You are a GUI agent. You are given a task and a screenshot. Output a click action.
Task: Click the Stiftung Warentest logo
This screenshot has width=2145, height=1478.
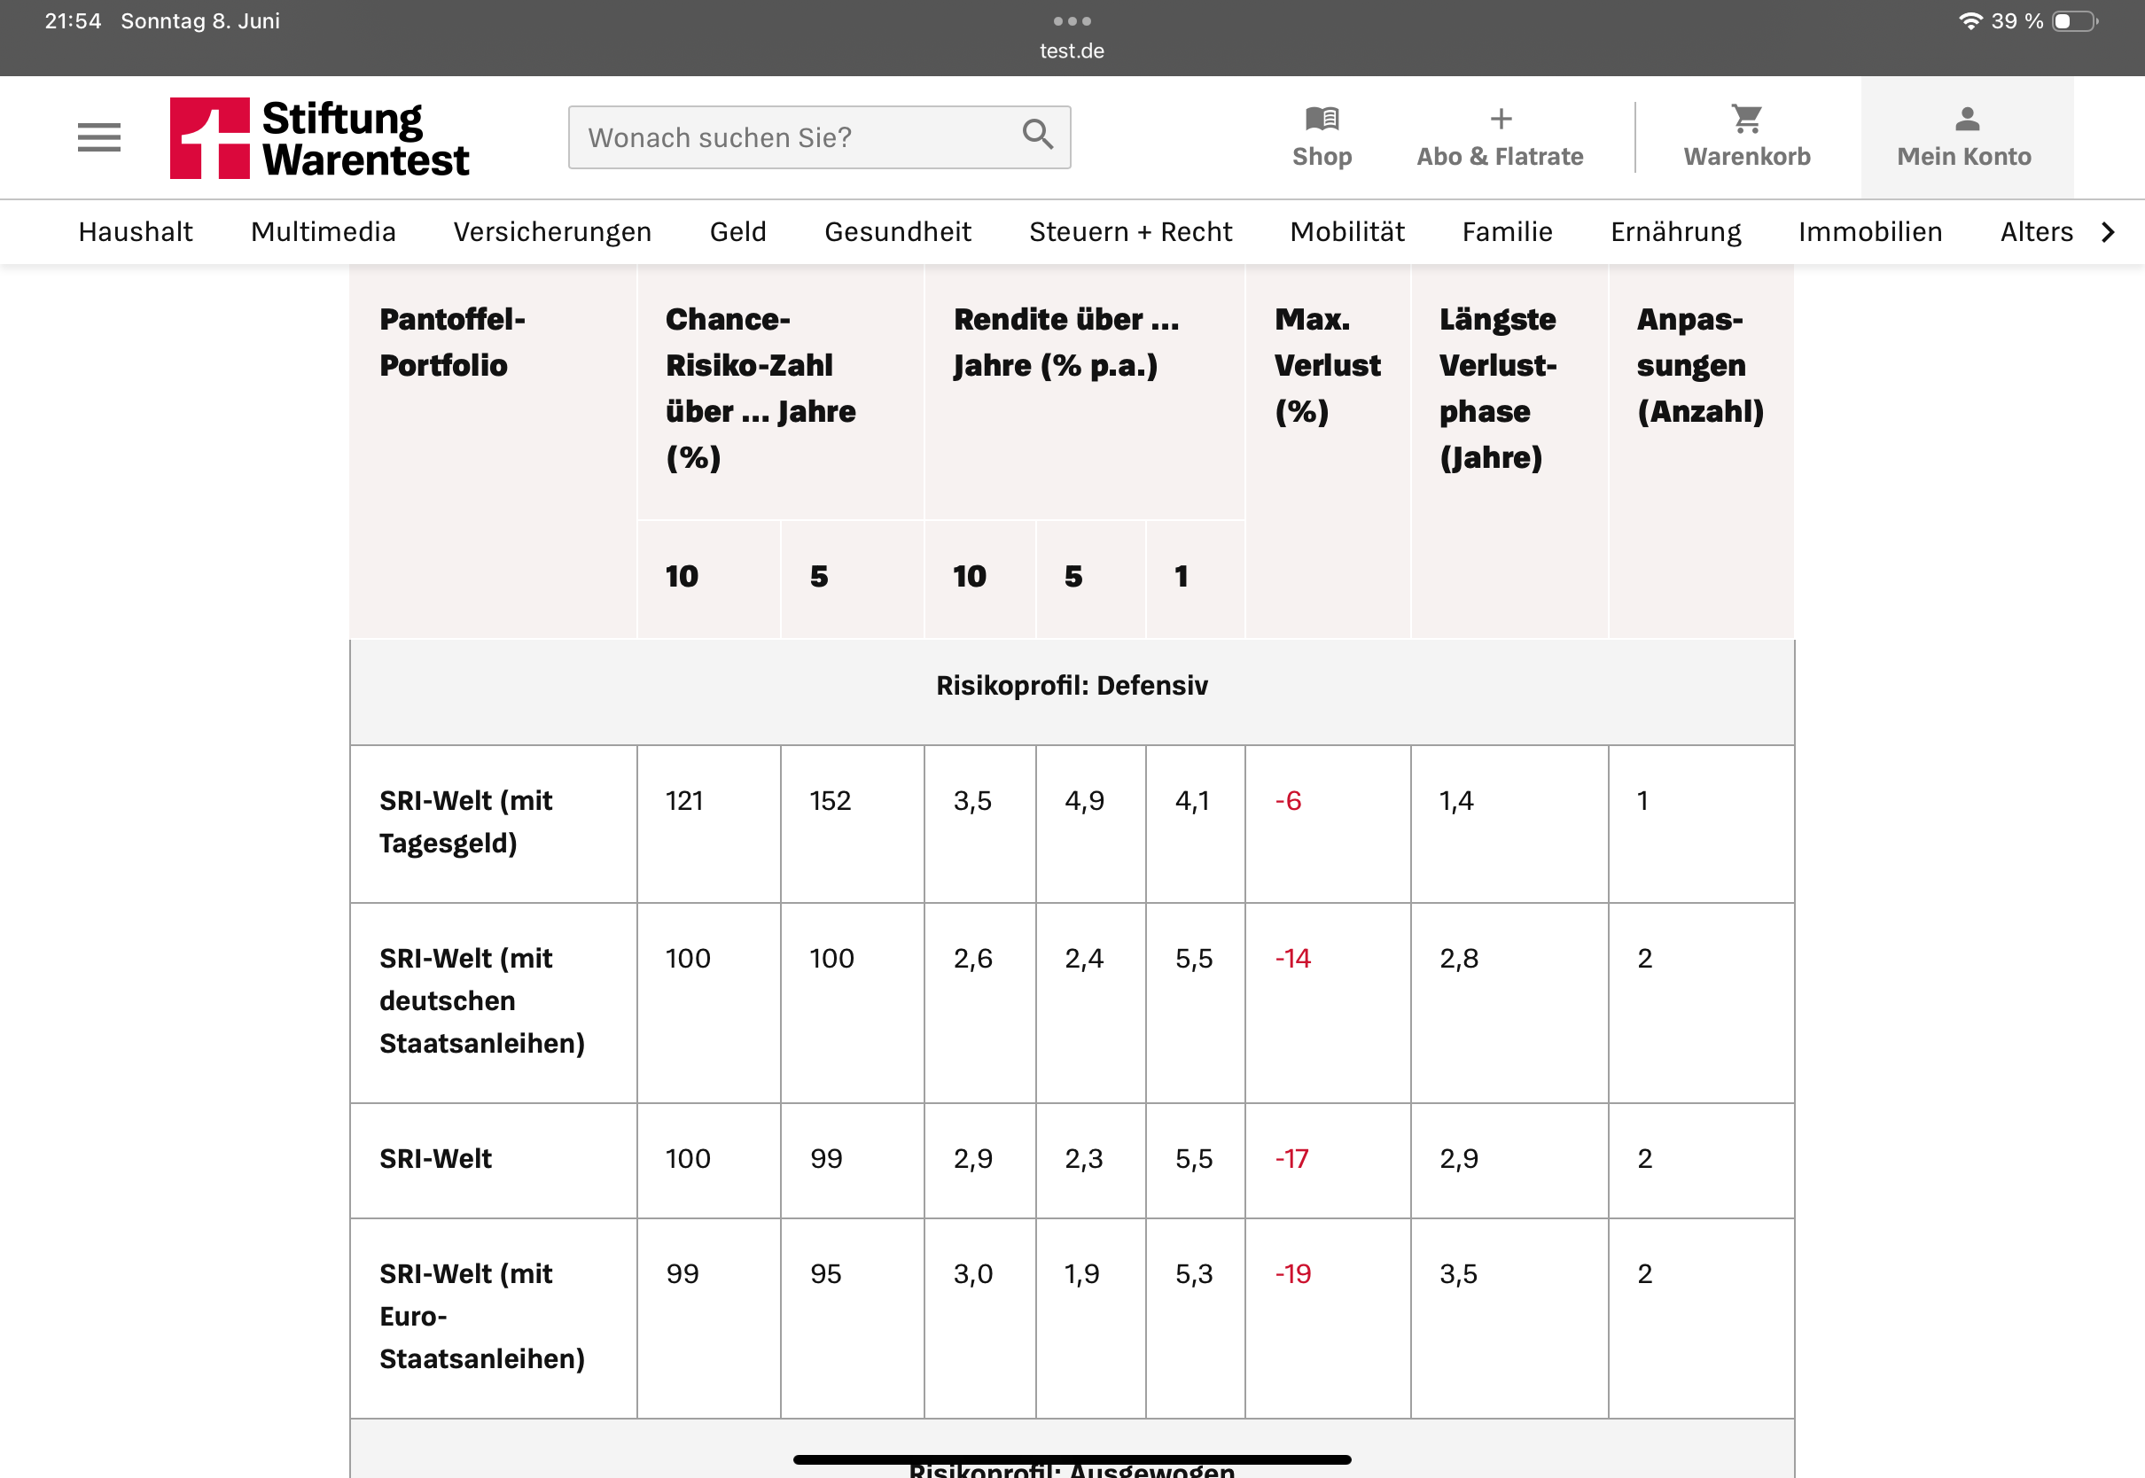click(319, 138)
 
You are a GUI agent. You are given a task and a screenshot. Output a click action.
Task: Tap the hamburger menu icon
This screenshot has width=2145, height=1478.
click(99, 137)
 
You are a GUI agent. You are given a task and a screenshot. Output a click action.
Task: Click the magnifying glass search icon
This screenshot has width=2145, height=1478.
click(1037, 136)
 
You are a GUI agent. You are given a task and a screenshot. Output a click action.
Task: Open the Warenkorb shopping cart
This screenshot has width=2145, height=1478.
click(1746, 136)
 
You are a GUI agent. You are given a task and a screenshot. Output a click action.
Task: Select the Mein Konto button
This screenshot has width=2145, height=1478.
click(1964, 136)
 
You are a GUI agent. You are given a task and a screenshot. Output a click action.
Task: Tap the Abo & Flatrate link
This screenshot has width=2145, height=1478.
click(1500, 136)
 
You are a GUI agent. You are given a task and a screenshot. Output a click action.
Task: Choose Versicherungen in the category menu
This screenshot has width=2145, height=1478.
click(552, 231)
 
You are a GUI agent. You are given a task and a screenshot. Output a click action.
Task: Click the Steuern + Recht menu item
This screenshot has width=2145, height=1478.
click(1130, 231)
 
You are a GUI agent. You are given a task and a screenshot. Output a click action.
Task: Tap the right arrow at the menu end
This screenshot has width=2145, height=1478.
click(2108, 231)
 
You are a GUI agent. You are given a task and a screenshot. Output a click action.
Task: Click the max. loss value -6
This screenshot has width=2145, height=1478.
click(1288, 801)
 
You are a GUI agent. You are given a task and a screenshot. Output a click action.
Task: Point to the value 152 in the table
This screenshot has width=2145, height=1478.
click(830, 801)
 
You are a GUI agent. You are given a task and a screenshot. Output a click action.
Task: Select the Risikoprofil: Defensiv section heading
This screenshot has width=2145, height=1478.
click(1072, 686)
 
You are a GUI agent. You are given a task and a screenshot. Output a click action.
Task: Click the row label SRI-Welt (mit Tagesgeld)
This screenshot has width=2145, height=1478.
click(465, 821)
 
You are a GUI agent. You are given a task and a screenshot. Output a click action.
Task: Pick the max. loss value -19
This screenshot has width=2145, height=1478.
click(1293, 1274)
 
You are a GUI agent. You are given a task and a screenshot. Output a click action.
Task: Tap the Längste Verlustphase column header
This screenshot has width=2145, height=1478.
click(1497, 388)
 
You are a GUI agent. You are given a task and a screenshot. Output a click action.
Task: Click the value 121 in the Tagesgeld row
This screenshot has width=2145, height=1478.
click(684, 801)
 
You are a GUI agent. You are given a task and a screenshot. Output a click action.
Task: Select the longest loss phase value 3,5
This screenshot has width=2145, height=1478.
click(1458, 1274)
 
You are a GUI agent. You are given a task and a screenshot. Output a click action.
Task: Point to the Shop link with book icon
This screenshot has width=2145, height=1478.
click(1322, 136)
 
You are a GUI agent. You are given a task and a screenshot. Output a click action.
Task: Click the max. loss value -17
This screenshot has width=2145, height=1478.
click(1292, 1158)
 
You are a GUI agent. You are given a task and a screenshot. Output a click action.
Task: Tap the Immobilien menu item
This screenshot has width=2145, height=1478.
click(1870, 231)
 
